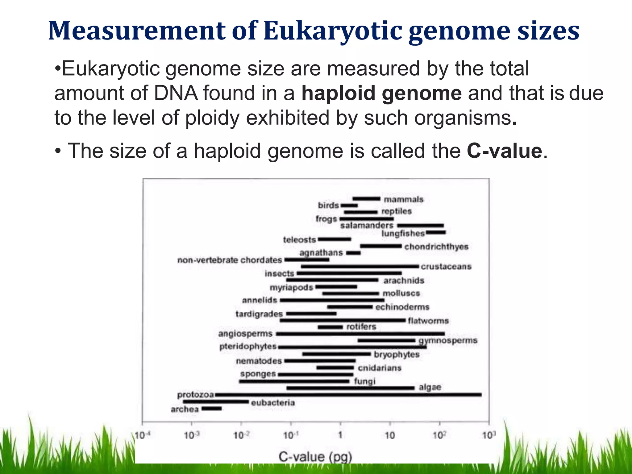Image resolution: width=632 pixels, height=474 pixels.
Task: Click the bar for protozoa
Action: [348, 395]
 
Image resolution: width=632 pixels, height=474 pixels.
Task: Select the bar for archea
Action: [212, 409]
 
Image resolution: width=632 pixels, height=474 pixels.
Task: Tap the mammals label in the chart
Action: [403, 199]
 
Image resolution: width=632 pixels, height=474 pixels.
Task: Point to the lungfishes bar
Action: [436, 232]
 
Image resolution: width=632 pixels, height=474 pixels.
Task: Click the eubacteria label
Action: [273, 403]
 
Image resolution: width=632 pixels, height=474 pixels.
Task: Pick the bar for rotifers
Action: [330, 327]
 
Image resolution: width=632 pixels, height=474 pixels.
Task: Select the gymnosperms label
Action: [448, 340]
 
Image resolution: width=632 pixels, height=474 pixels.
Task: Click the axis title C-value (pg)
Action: [315, 457]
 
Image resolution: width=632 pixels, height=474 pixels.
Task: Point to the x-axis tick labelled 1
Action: [340, 435]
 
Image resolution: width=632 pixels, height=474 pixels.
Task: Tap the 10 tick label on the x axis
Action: [389, 435]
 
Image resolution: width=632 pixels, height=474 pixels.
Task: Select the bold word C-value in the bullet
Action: [504, 151]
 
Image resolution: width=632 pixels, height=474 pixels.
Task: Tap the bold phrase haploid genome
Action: [381, 93]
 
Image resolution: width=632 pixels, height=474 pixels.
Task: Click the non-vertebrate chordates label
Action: [230, 260]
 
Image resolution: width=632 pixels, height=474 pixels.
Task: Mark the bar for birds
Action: [349, 206]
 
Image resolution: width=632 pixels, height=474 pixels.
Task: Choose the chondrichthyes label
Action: [436, 247]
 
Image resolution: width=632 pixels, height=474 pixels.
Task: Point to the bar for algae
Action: [350, 388]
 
